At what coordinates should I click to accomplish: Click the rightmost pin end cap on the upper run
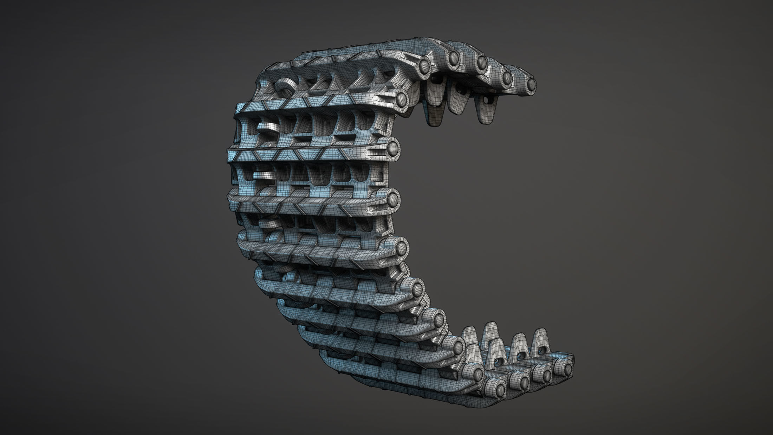click(x=531, y=83)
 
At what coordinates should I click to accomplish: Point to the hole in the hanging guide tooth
click(x=487, y=100)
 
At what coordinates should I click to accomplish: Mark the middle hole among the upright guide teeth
click(x=518, y=357)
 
